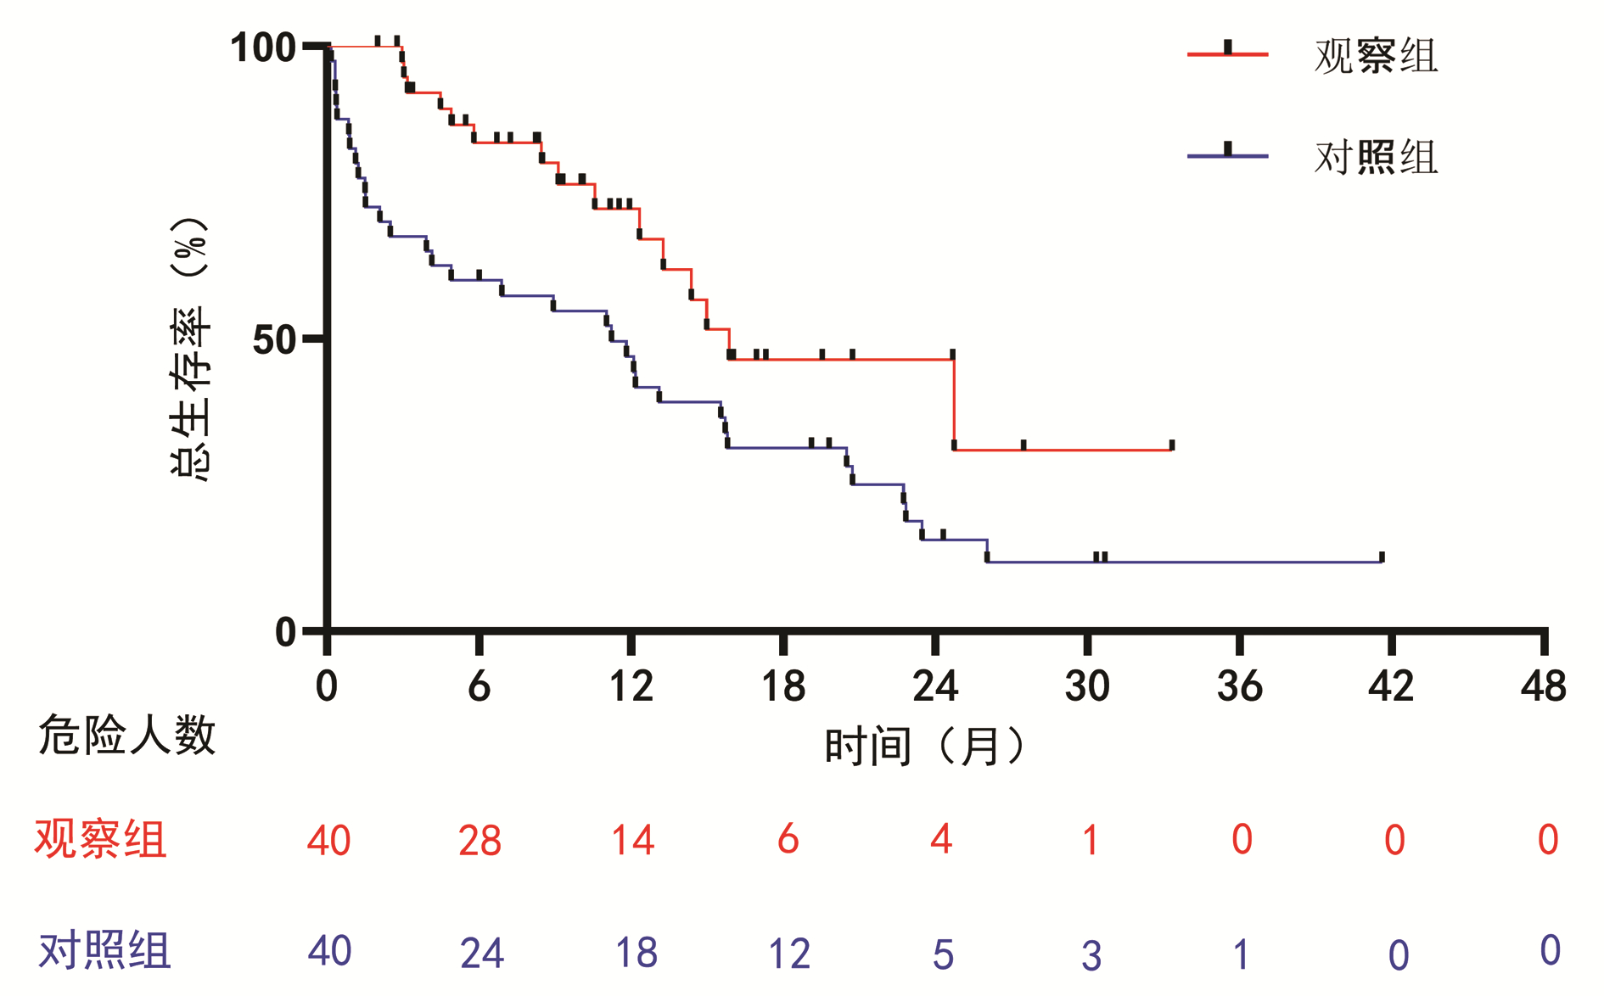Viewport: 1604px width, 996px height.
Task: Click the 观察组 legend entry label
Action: coord(1376,56)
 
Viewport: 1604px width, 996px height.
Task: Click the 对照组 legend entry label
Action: coord(1376,157)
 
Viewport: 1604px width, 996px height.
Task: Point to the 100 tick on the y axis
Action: coord(263,48)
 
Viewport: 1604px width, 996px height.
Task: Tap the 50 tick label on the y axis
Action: coord(274,340)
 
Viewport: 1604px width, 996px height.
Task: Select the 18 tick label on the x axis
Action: coord(783,686)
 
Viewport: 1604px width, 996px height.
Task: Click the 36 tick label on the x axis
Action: coord(1239,686)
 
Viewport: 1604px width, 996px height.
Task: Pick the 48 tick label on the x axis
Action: coord(1543,686)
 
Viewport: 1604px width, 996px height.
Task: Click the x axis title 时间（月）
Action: coord(925,747)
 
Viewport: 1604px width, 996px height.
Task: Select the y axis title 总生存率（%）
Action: coord(190,349)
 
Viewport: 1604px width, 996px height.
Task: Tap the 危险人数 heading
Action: coord(127,735)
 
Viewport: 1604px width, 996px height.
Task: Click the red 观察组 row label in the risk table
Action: coord(100,840)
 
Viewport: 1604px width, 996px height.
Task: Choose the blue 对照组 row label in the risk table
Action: coord(104,950)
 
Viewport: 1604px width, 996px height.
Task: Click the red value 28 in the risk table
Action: coord(480,841)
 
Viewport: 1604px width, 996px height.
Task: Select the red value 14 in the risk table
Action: coord(632,841)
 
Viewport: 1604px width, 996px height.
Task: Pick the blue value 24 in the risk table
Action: coord(481,953)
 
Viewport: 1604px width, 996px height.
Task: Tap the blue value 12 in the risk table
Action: coord(788,954)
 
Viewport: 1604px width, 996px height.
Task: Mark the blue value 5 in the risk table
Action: coord(943,954)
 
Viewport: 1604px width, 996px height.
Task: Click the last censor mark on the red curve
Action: coord(1172,445)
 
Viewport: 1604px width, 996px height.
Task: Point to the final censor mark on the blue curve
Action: coord(1382,557)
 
